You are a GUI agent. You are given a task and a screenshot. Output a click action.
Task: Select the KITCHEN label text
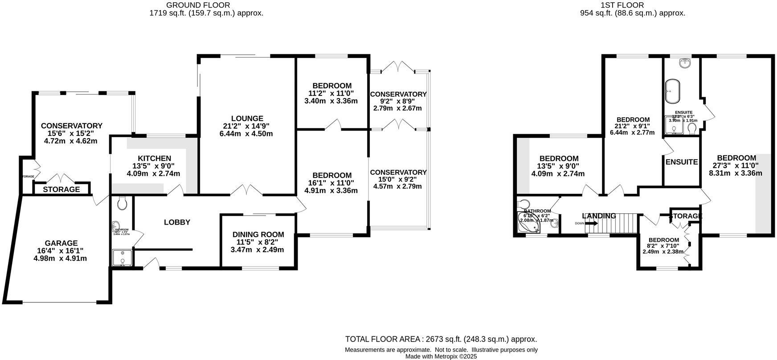(154, 159)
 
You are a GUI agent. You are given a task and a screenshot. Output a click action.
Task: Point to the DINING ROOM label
(258, 235)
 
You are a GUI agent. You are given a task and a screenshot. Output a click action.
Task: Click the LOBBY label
(177, 222)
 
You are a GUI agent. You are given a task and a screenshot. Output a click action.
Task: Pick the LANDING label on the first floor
(599, 216)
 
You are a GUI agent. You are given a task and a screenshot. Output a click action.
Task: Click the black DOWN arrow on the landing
(591, 224)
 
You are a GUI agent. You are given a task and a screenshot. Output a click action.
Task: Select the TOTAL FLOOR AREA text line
(441, 340)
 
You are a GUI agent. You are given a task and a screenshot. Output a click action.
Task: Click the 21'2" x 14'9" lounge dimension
(246, 126)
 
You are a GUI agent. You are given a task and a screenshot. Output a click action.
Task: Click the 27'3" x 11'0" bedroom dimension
(736, 166)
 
